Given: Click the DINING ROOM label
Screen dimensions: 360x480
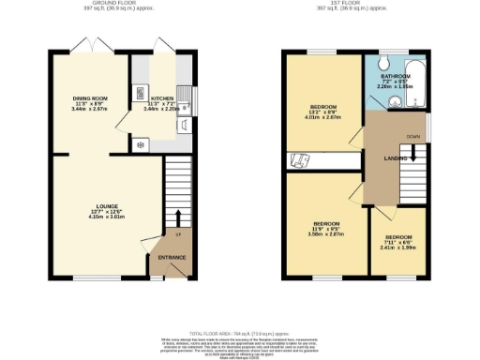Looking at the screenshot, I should pyautogui.click(x=92, y=97).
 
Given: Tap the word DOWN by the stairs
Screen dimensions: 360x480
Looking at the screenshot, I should pyautogui.click(x=412, y=138).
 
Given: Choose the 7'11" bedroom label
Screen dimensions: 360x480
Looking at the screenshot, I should pyautogui.click(x=399, y=237).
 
